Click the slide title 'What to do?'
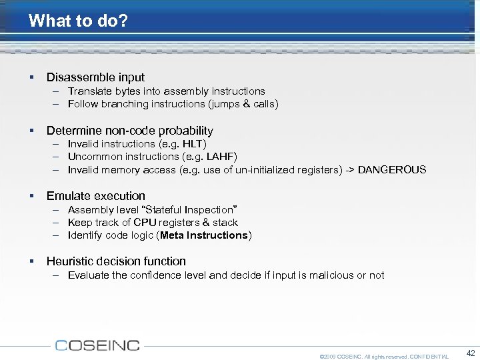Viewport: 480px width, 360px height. [78, 21]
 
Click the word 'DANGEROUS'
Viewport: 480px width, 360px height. [392, 170]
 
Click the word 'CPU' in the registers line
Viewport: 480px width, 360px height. [145, 223]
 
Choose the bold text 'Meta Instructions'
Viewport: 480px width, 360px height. [204, 235]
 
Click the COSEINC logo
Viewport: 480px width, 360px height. [97, 345]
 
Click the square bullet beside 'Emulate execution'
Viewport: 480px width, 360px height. [31, 196]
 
